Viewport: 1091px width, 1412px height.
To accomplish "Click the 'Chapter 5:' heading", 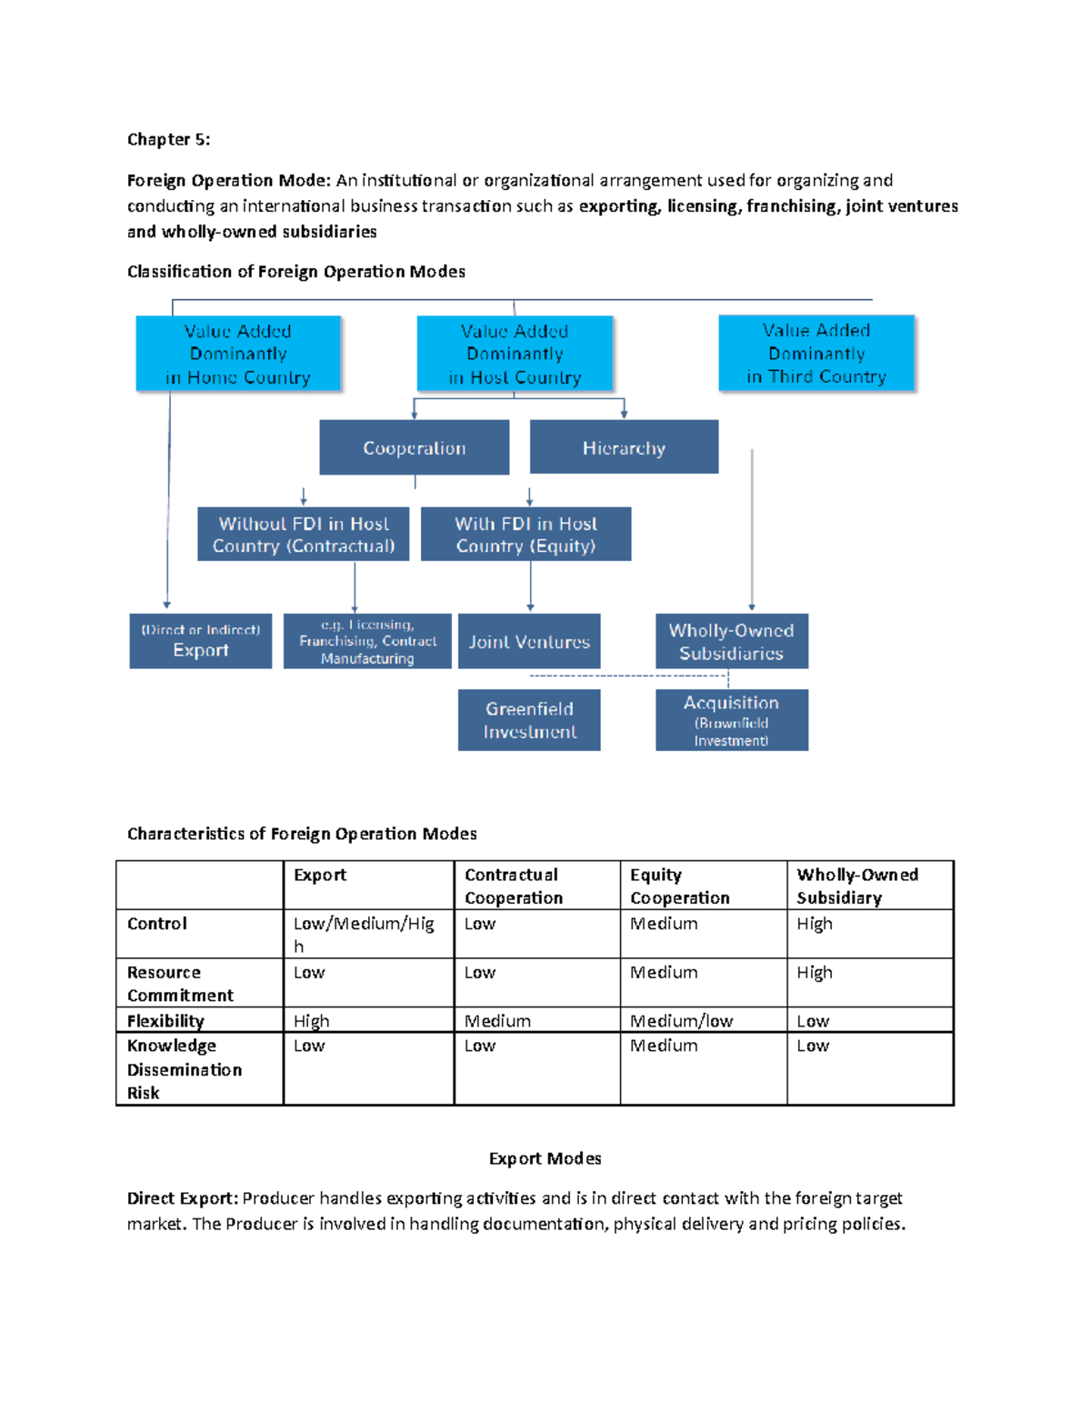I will coord(168,139).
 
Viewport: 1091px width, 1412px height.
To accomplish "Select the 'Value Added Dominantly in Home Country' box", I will coord(238,354).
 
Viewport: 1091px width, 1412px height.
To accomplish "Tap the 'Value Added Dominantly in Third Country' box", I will coord(816,353).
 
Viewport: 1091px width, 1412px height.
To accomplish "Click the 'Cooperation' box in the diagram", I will coord(414,447).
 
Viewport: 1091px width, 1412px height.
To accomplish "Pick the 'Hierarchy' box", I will coord(624,447).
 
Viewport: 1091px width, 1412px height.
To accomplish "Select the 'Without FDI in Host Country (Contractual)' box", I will coord(303,534).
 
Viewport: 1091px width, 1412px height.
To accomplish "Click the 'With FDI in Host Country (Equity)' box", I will coord(525,534).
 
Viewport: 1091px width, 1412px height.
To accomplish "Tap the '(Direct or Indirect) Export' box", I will coord(200,641).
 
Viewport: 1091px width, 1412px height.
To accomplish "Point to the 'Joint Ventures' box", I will coord(529,641).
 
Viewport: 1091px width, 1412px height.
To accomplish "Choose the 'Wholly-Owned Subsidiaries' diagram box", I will coord(731,641).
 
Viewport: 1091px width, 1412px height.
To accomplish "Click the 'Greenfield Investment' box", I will coord(529,720).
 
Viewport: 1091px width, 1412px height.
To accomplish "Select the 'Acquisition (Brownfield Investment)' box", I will coord(731,720).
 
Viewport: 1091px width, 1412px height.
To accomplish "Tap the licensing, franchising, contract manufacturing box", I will coord(367,641).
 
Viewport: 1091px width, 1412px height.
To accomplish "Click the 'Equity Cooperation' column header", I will coord(679,886).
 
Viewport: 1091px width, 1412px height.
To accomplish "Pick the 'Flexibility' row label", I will coord(165,1021).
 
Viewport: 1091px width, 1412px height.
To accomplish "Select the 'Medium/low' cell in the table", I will coord(681,1021).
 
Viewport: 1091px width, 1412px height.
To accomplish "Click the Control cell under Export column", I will coord(364,934).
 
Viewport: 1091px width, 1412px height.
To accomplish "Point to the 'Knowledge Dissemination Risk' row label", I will coord(184,1069).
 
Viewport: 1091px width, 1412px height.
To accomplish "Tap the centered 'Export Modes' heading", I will coord(545,1158).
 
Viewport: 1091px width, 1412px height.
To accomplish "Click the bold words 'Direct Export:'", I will coord(182,1198).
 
